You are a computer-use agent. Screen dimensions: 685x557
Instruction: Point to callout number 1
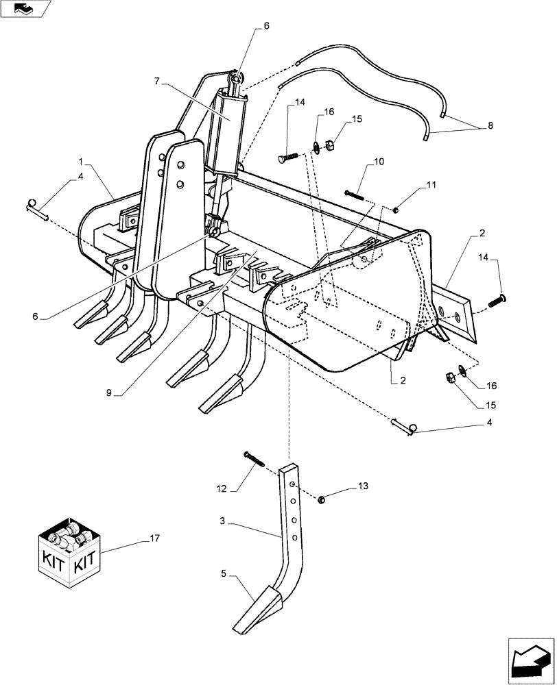point(80,162)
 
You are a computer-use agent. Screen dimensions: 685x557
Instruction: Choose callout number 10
point(379,162)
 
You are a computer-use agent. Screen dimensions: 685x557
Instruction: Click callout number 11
point(430,185)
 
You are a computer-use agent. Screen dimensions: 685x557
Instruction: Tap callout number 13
point(362,486)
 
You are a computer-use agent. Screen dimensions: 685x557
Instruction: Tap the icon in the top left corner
point(25,9)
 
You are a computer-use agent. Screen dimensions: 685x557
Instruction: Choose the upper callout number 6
point(265,26)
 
